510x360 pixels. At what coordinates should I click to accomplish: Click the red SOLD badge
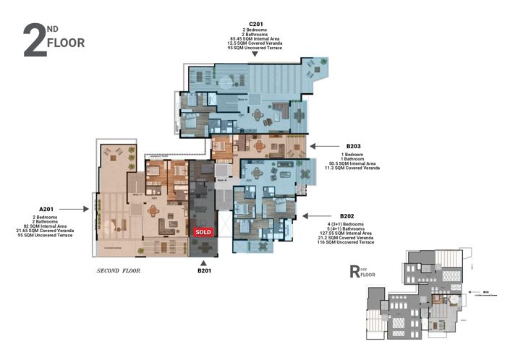tap(203, 231)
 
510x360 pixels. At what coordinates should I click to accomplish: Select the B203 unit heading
tap(354, 146)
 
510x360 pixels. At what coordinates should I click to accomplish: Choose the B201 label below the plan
tap(203, 272)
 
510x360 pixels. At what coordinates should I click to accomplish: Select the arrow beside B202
tap(307, 215)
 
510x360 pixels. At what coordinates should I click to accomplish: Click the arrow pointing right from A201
tap(88, 209)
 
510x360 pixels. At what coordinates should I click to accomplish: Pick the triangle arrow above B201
tap(203, 262)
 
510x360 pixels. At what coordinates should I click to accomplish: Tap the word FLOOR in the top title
tap(65, 43)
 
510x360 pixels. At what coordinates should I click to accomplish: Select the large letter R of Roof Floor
tap(355, 272)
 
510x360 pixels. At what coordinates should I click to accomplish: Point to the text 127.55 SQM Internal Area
tap(345, 233)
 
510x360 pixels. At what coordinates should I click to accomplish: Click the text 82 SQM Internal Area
tap(49, 226)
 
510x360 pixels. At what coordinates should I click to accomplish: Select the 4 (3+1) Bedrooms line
tap(345, 224)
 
